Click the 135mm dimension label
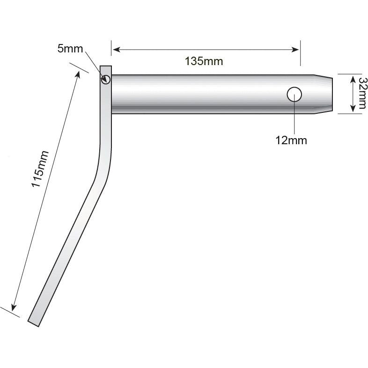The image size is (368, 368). tap(204, 61)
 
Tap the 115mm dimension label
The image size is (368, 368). tap(39, 169)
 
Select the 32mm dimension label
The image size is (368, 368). tap(361, 93)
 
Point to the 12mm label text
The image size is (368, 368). tap(291, 140)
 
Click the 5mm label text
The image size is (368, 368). tap(70, 49)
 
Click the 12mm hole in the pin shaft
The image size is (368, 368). tap(294, 94)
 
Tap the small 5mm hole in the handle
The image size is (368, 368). tap(106, 79)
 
